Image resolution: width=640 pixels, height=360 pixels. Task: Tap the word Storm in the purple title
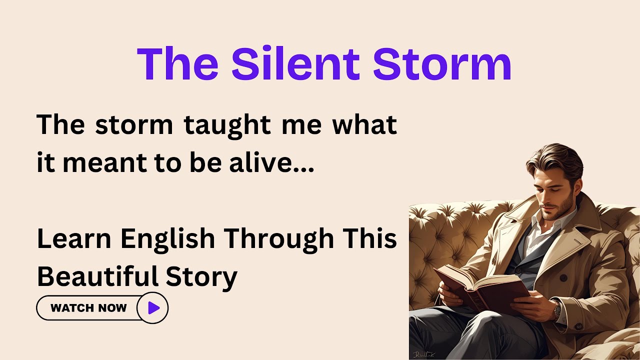click(x=442, y=63)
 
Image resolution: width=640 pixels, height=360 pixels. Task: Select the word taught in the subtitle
click(x=228, y=124)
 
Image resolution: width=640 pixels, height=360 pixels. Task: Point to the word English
click(x=167, y=239)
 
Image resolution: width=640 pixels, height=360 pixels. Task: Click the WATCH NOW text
click(x=88, y=308)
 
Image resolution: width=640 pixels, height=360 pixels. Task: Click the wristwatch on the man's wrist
click(x=556, y=310)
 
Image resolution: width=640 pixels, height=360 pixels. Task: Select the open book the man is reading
click(x=480, y=287)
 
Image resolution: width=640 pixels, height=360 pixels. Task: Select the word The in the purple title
click(x=177, y=63)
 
